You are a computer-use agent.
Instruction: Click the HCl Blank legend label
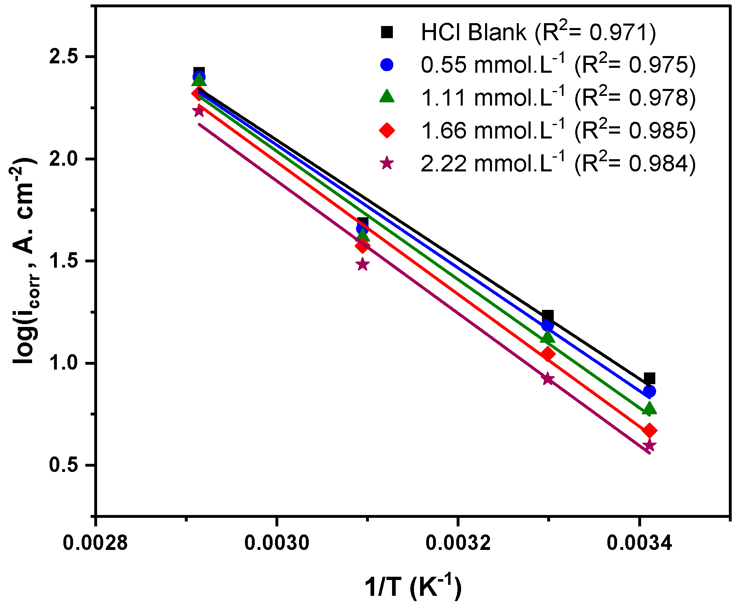[x=474, y=32]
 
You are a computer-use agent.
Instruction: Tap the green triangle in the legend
[x=387, y=97]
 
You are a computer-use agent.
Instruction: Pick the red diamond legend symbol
[x=387, y=130]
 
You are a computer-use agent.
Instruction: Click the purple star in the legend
[x=387, y=164]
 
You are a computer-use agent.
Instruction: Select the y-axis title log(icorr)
[x=24, y=260]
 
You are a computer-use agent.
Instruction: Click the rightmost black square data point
[x=649, y=379]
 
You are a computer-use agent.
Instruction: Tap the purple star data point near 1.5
[x=363, y=264]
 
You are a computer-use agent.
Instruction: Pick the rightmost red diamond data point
[x=649, y=431]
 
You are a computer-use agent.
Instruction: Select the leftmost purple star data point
[x=199, y=111]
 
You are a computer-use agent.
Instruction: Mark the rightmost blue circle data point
[x=649, y=392]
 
